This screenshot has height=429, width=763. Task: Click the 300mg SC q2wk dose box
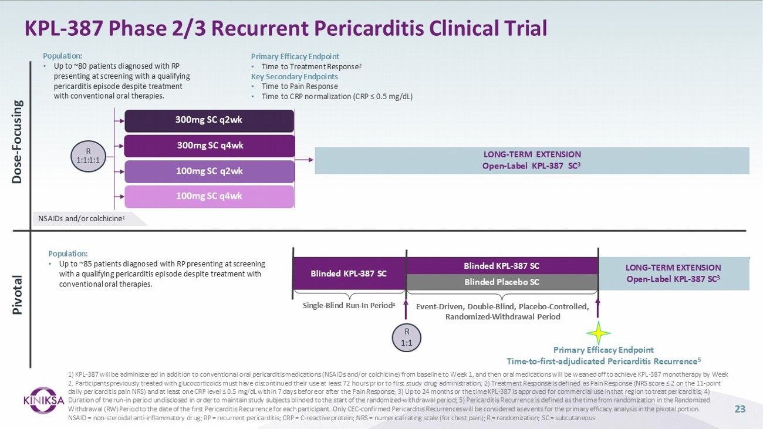coord(209,120)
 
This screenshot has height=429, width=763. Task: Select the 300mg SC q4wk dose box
coord(209,146)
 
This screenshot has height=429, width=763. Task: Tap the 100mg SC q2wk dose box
coord(209,171)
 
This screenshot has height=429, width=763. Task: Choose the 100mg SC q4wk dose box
coord(209,196)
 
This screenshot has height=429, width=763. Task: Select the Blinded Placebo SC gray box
coord(502,282)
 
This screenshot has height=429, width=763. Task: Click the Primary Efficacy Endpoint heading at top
coord(295,57)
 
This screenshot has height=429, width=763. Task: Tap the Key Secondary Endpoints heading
coord(294,76)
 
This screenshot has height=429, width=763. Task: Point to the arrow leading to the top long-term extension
coord(304,159)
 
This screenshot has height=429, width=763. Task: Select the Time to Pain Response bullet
coord(299,86)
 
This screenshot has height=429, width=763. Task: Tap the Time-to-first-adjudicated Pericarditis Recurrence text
coord(603,360)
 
